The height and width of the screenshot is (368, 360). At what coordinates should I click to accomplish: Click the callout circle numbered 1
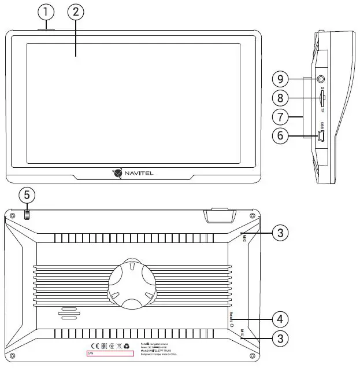point(46,11)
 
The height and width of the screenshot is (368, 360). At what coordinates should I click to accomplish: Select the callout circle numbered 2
point(75,11)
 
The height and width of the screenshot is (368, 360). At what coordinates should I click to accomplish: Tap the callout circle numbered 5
point(26,194)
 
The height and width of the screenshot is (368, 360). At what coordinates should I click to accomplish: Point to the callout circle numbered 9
point(280,78)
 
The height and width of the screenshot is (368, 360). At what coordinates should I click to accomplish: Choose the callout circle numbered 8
point(280,97)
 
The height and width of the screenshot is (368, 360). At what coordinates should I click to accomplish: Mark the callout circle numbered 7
point(280,116)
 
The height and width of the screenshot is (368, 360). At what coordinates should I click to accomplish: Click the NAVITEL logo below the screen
point(133,172)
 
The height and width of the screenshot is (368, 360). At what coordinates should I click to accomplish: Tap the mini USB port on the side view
point(322,136)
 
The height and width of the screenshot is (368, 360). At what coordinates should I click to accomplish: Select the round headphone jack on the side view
point(321,78)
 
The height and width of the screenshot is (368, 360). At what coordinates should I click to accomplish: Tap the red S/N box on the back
point(110,352)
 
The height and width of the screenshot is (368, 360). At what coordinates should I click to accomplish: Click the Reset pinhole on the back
point(232,325)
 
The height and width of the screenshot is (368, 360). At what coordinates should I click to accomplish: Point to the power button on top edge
point(46,28)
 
